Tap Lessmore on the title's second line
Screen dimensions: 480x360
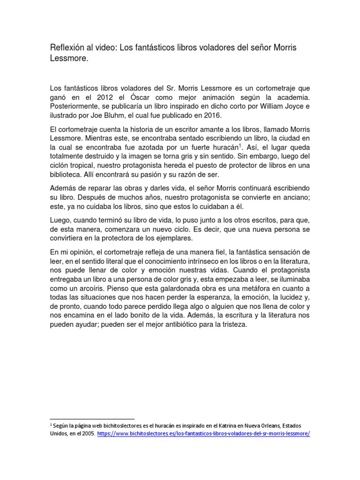pos(67,60)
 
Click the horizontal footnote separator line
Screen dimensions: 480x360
pos(92,418)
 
